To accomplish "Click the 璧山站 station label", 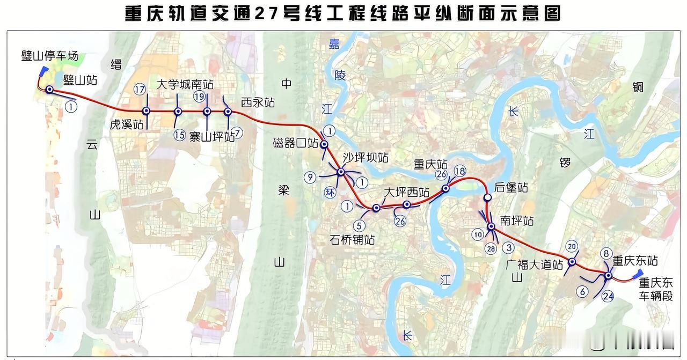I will click(x=80, y=80).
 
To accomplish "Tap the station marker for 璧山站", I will click(x=49, y=90).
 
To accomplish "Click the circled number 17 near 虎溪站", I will click(x=141, y=90).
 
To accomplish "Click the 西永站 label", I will click(x=258, y=102).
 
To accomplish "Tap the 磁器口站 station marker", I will click(x=324, y=144).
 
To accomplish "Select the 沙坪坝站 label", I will click(x=366, y=157).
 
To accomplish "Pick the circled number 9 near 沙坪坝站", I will click(x=310, y=178).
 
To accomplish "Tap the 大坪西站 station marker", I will click(x=407, y=204).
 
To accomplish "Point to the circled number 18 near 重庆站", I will click(x=460, y=171).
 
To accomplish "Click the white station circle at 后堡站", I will click(x=487, y=197).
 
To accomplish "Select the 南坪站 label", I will click(x=516, y=220).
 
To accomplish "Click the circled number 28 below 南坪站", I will click(x=490, y=249).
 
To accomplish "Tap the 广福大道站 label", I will click(x=534, y=265).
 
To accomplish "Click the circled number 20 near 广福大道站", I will click(x=572, y=246).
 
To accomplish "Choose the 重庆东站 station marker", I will click(x=608, y=276).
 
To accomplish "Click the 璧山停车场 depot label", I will click(x=50, y=56).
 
